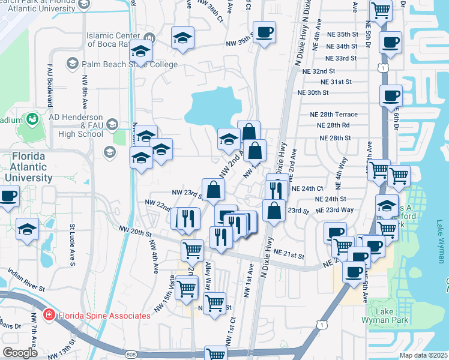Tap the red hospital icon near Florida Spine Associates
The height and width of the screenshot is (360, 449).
49,315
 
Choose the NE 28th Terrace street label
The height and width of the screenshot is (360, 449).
333,115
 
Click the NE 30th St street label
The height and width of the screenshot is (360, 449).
313,92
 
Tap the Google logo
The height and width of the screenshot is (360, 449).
20,352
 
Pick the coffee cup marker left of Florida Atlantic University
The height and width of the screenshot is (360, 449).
8,196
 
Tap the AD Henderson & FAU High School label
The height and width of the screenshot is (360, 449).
76,125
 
